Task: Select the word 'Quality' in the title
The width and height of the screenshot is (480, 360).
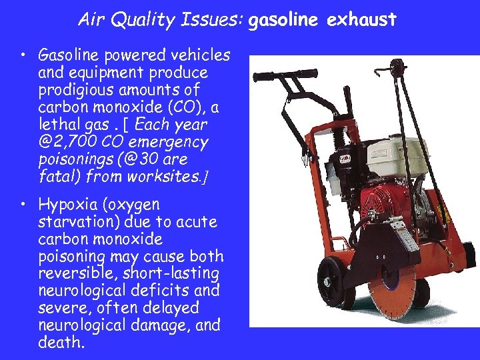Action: (147, 20)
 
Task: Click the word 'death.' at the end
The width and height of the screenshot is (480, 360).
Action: (62, 343)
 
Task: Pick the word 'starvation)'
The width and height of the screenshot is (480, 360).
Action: (80, 221)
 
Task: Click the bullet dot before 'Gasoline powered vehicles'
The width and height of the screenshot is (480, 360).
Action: (23, 55)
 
